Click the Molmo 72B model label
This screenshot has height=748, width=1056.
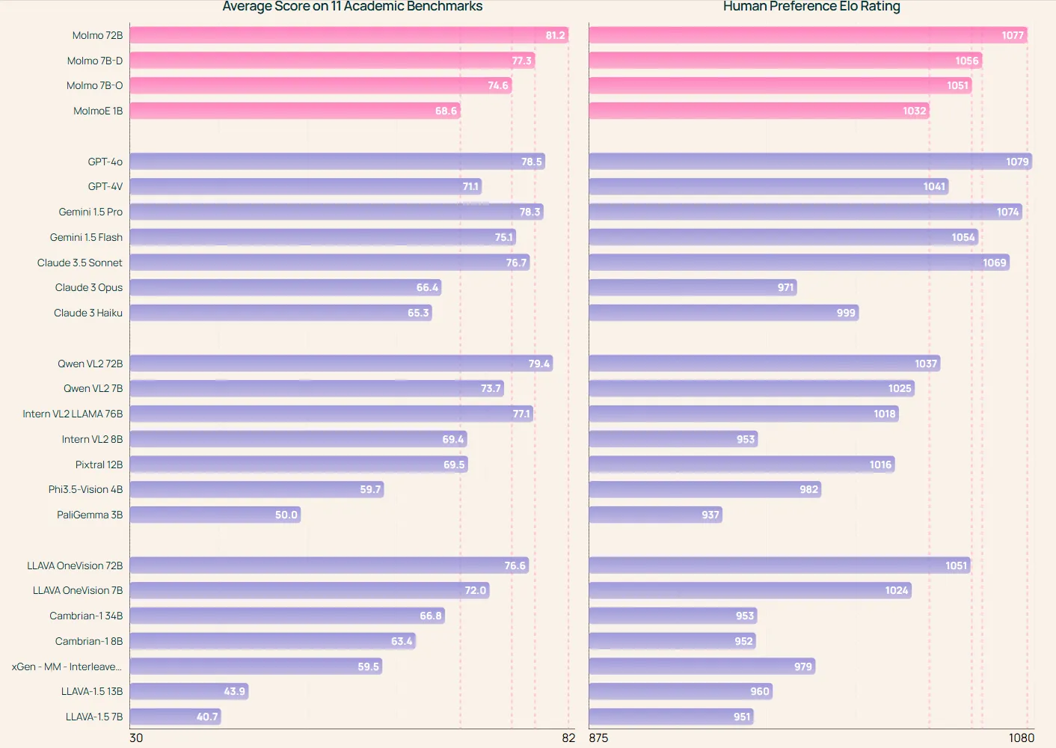click(97, 35)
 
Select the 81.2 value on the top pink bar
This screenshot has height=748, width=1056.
click(555, 35)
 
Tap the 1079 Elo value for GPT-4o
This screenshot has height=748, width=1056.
click(1017, 162)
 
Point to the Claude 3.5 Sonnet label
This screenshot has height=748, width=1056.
click(80, 263)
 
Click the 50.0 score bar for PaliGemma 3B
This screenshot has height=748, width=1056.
click(215, 515)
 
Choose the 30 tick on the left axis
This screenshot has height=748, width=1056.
click(136, 738)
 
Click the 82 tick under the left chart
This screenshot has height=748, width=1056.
click(568, 738)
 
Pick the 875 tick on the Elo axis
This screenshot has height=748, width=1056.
click(598, 738)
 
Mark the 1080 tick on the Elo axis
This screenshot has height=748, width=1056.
click(1022, 738)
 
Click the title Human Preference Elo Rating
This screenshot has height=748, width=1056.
click(811, 7)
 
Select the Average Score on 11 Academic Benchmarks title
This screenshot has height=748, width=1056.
click(352, 7)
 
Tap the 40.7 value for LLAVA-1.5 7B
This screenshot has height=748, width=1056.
click(207, 717)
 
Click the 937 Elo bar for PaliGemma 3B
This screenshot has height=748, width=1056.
click(655, 515)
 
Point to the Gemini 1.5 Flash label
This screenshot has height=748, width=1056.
click(86, 237)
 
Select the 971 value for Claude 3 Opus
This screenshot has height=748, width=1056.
click(785, 287)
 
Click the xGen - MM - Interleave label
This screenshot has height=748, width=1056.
click(67, 666)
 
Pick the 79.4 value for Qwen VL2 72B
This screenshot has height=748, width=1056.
click(538, 364)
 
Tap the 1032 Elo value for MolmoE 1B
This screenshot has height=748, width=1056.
click(914, 111)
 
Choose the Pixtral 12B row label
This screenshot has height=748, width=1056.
click(99, 465)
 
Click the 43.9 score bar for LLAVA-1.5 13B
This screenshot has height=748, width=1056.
click(188, 691)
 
